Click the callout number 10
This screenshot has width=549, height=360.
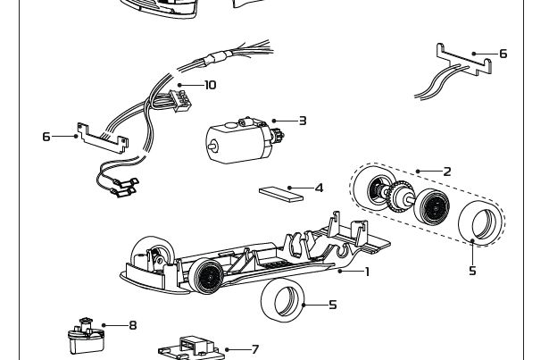(210, 85)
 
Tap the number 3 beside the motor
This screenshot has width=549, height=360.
(303, 121)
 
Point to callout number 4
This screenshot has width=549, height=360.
(319, 188)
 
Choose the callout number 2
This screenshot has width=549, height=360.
(446, 171)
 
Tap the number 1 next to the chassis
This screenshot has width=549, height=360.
(366, 272)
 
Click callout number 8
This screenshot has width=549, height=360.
(133, 325)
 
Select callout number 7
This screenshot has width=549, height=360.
(254, 350)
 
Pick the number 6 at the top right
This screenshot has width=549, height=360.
(503, 54)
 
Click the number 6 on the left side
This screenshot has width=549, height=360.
(46, 137)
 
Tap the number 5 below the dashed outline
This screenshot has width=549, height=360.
(472, 271)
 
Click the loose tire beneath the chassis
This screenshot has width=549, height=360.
(283, 300)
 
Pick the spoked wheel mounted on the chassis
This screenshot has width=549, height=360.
(205, 273)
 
